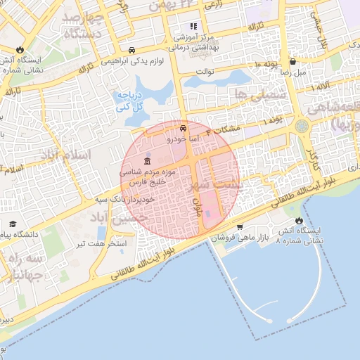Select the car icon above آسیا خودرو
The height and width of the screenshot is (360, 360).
pyautogui.click(x=183, y=129)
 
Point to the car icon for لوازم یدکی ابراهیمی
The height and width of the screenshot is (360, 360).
pyautogui.click(x=132, y=50)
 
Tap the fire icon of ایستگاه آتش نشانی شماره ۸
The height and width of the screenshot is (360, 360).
pyautogui.click(x=299, y=221)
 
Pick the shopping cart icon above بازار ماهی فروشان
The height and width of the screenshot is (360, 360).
pyautogui.click(x=240, y=226)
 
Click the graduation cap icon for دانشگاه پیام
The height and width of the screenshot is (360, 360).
pyautogui.click(x=12, y=224)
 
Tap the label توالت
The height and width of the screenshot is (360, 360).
pyautogui.click(x=204, y=72)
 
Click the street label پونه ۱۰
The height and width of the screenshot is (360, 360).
pyautogui.click(x=266, y=65)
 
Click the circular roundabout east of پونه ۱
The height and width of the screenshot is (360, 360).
pyautogui.click(x=302, y=126)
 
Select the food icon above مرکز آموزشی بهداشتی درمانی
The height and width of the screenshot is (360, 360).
pyautogui.click(x=193, y=27)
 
